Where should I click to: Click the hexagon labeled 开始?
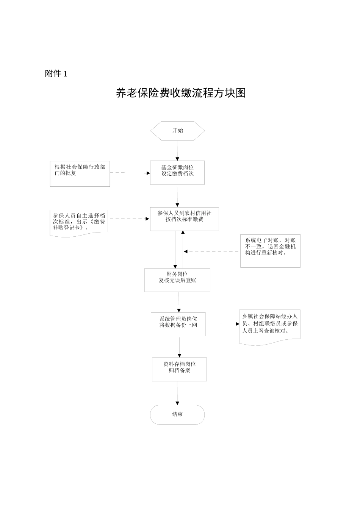coord(177,131)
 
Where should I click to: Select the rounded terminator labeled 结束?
coord(177,414)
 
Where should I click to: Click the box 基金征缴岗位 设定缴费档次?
coord(177,173)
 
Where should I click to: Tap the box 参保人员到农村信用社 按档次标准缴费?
coord(184,219)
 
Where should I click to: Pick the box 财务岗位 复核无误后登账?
coord(177,280)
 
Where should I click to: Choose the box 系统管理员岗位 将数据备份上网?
coord(178,324)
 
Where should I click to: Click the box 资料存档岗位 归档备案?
coord(179,369)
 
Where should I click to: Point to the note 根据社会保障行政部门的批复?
coord(80,174)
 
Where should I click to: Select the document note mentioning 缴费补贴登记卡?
coord(79,223)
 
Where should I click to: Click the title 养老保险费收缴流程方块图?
coord(181,93)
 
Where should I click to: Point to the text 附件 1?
coord(56,74)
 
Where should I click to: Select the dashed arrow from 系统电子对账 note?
coord(212,251)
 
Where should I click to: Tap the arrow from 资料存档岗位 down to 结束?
coord(177,393)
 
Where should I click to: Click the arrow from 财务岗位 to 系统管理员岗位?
coord(179,302)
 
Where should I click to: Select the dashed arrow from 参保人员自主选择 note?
coord(129,219)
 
